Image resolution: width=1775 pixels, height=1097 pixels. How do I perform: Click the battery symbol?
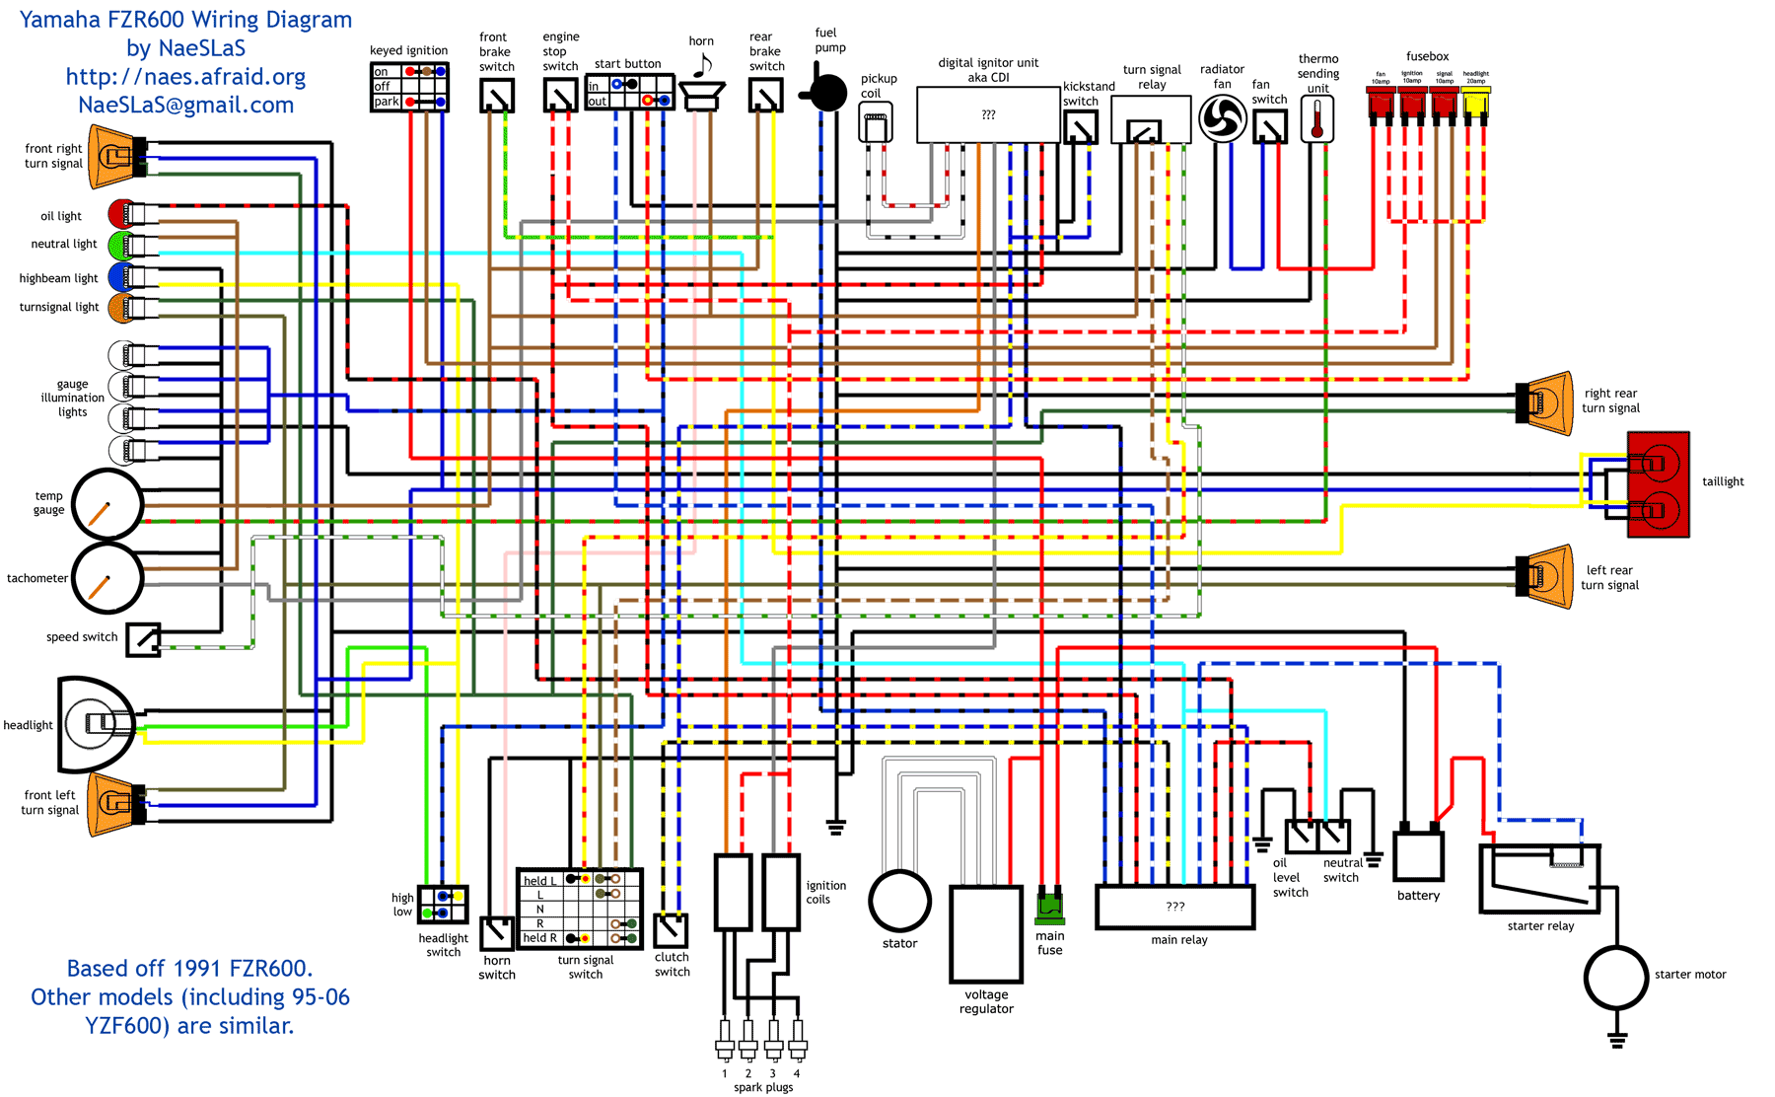coord(1418,854)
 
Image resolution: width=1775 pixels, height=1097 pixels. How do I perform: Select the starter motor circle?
coord(1615,977)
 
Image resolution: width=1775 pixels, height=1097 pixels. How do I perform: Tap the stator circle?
coord(899,901)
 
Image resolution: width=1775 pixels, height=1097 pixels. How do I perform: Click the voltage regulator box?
coord(986,933)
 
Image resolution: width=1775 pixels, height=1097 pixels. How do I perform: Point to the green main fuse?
coord(1049,906)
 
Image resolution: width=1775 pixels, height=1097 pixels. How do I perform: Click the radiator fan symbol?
coord(1223,119)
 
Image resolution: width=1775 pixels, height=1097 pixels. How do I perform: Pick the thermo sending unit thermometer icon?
coord(1317,120)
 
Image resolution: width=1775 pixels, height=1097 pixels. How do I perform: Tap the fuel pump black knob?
coord(827,93)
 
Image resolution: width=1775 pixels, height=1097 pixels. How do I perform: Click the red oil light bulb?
coord(122,213)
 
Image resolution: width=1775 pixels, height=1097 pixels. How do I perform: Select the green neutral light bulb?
coord(120,244)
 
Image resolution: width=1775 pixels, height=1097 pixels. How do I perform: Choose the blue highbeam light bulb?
coord(120,276)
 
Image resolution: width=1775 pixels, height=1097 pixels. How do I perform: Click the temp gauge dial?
coord(107,505)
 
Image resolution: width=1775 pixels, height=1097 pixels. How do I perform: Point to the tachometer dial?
coord(107,578)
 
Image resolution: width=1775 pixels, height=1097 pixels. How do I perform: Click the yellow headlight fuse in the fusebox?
coord(1475,102)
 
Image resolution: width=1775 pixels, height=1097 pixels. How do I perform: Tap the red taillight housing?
coord(1659,484)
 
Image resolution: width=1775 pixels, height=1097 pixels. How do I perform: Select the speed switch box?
coord(143,639)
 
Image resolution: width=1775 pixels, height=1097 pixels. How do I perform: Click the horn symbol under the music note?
coord(702,96)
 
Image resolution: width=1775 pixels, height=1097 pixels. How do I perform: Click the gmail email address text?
coord(186,106)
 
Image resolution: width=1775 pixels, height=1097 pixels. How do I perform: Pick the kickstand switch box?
coord(1081,126)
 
